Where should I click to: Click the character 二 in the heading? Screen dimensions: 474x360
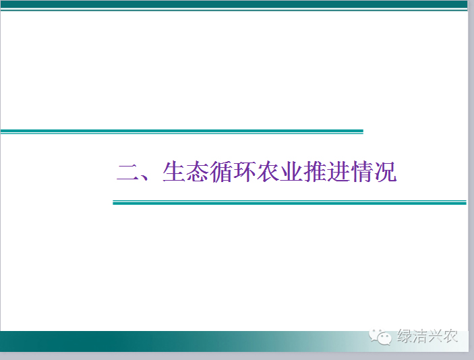tap(127, 173)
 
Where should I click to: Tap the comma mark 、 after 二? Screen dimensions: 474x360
tap(145, 177)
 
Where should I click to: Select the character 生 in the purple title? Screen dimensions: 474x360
tap(173, 172)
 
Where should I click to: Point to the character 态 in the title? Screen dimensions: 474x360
tap(197, 172)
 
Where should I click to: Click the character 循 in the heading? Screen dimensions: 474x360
tap(220, 172)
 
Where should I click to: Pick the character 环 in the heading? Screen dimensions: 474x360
tap(243, 172)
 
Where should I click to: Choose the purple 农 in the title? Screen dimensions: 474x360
tap(267, 172)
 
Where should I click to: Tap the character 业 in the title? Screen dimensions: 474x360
tap(291, 172)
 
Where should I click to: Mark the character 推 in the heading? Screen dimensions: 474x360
tap(314, 172)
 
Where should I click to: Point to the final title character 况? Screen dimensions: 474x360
tap(385, 172)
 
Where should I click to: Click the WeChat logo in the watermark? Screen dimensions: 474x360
tap(380, 336)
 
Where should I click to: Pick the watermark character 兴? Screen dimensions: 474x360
tap(435, 336)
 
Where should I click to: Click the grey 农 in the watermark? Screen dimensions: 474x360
tap(450, 336)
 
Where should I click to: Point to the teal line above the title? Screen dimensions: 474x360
tap(181, 131)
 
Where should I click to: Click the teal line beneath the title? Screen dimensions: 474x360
tap(290, 202)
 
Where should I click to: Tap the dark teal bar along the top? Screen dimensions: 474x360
tap(234, 4)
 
